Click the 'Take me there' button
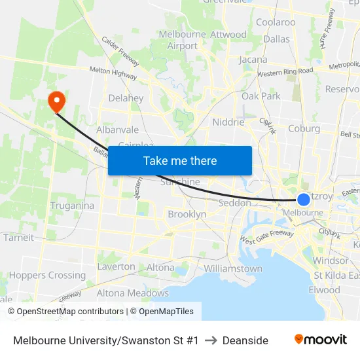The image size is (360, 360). (x=180, y=160)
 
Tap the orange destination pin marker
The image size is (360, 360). (x=56, y=101)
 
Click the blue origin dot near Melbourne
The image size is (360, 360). (x=304, y=200)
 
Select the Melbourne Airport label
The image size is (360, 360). (x=183, y=40)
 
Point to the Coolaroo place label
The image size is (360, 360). (x=276, y=22)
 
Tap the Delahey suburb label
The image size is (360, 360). (x=126, y=98)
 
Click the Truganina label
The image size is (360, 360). (x=72, y=206)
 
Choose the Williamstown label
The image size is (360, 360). (x=233, y=268)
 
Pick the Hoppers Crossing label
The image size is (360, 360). (x=47, y=276)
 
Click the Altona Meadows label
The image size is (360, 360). (x=133, y=293)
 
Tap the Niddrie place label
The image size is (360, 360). (x=228, y=122)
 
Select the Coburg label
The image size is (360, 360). (x=304, y=128)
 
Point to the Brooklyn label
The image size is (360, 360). (x=187, y=214)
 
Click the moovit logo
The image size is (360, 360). (x=321, y=340)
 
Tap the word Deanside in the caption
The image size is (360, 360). (x=245, y=340)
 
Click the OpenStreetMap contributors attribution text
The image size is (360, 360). (x=65, y=312)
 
